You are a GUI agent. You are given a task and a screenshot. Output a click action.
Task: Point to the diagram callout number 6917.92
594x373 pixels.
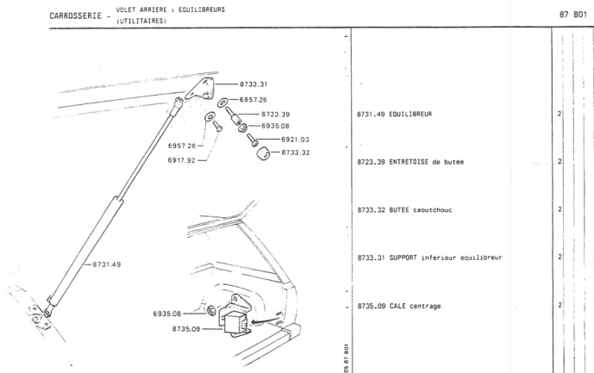[x=183, y=160]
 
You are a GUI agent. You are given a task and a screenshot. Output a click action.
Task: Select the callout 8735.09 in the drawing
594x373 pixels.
[x=185, y=327]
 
